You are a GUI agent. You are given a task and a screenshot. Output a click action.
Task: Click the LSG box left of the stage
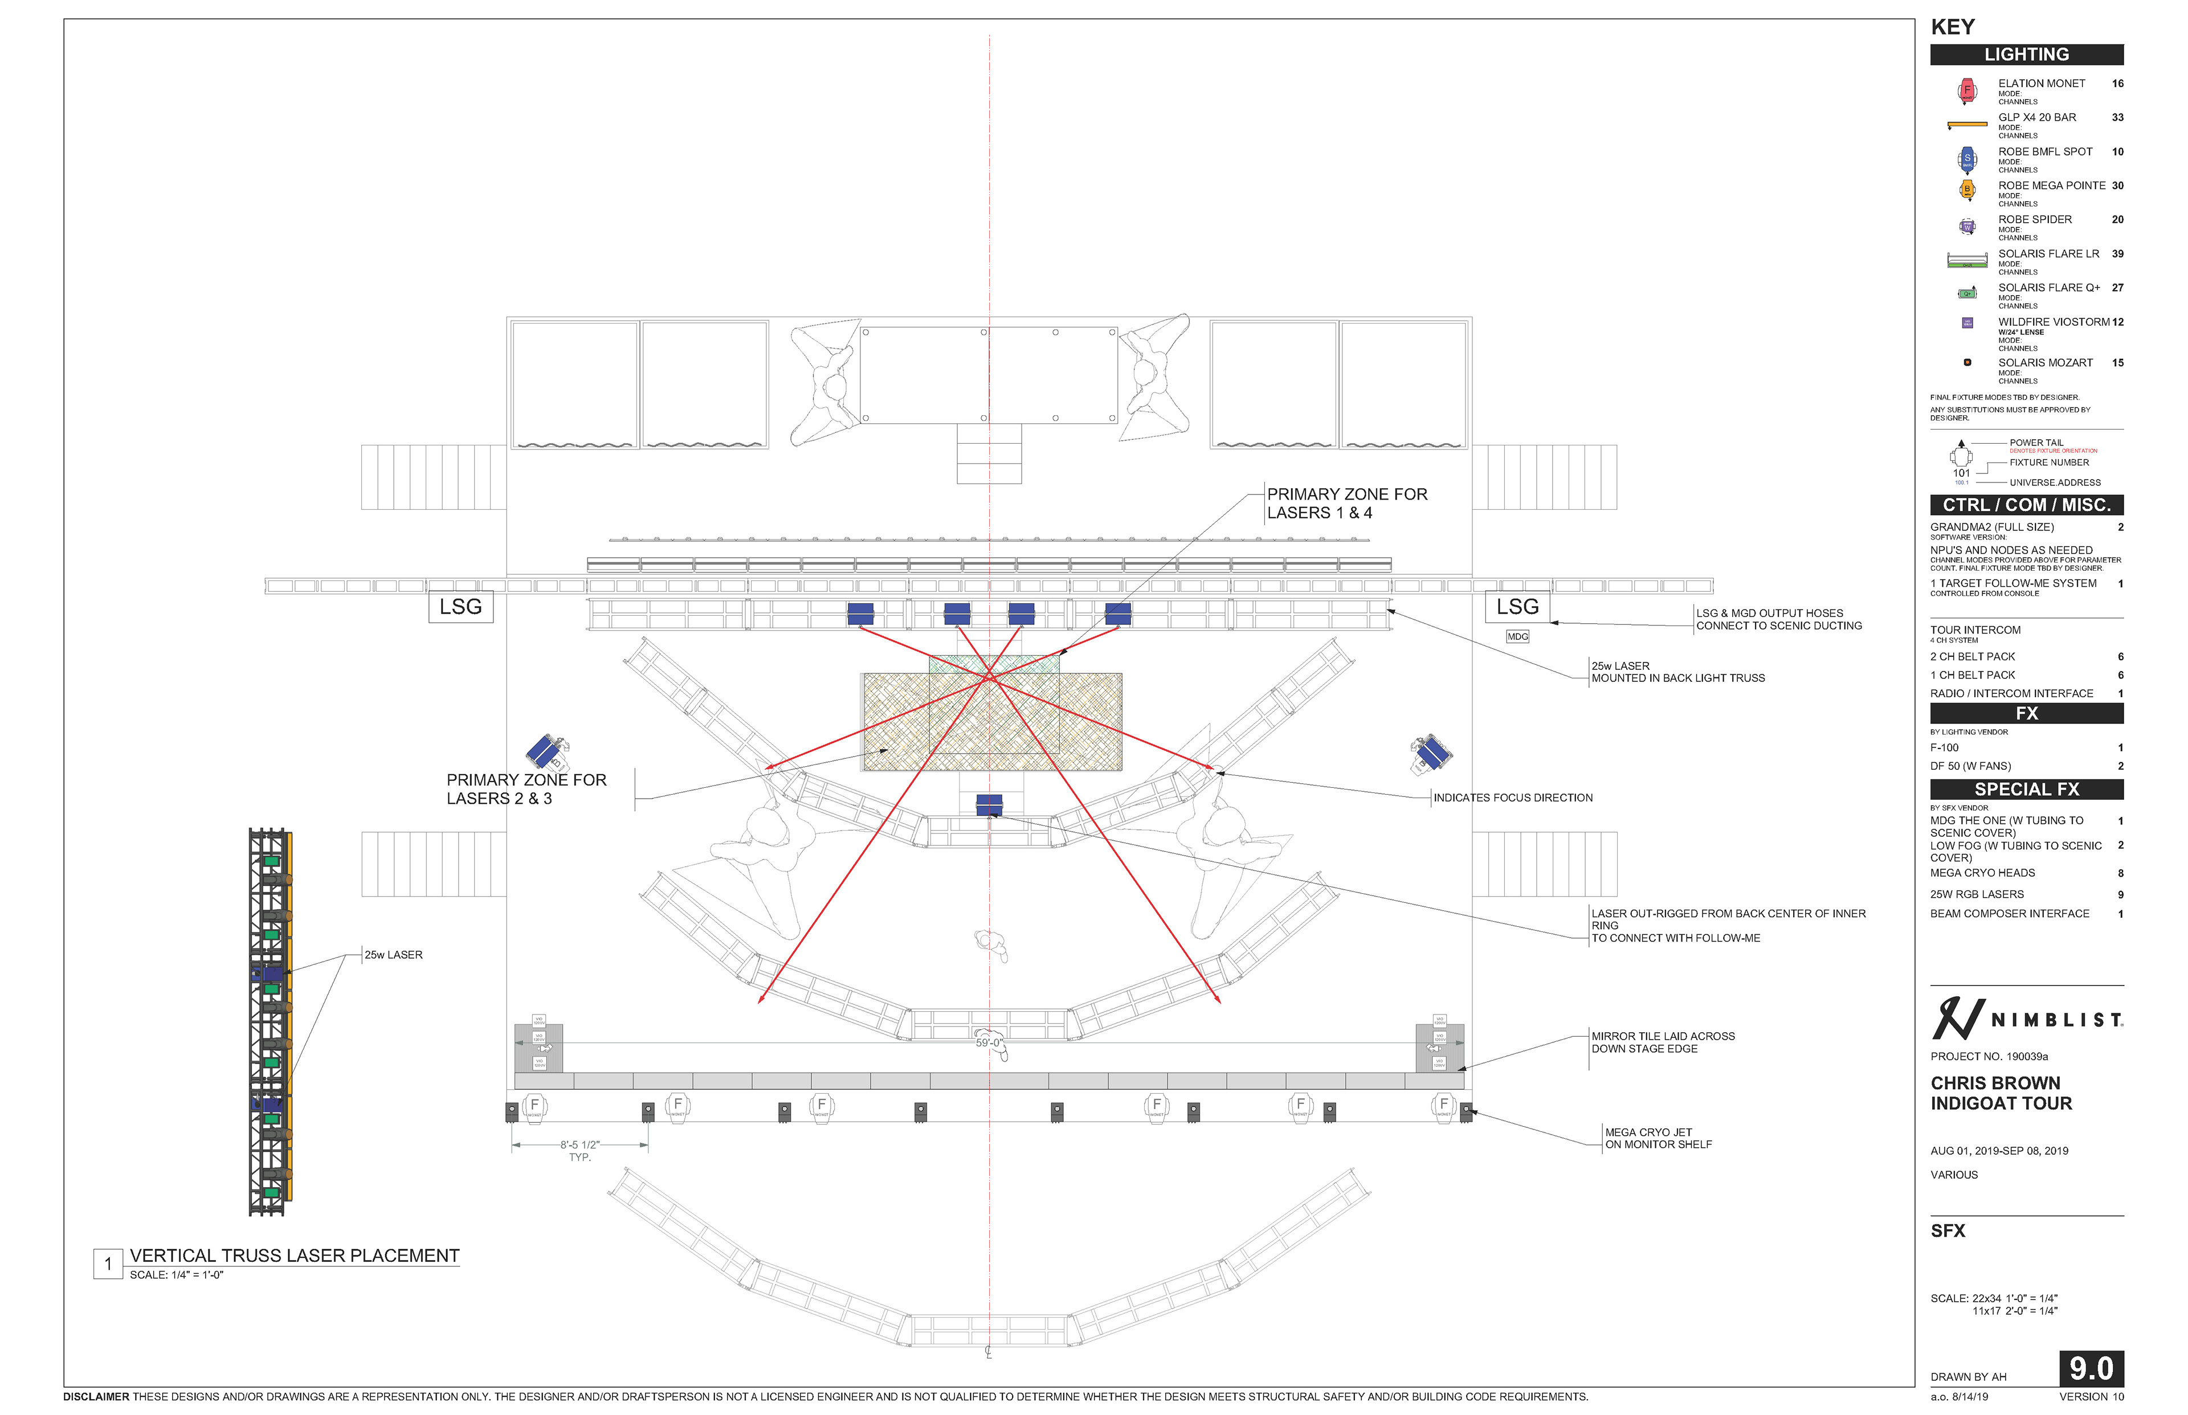(460, 607)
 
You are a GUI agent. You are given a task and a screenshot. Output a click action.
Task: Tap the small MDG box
(1517, 636)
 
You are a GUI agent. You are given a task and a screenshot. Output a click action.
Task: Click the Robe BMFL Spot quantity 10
(2117, 152)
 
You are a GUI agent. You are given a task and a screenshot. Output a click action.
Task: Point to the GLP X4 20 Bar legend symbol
(1966, 124)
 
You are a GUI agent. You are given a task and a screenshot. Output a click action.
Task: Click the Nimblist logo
(2026, 1019)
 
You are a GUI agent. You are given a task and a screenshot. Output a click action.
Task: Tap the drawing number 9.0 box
(2091, 1368)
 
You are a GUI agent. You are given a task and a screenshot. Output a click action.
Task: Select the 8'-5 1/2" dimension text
(580, 1145)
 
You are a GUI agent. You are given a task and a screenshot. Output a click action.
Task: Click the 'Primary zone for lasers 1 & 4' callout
(1346, 504)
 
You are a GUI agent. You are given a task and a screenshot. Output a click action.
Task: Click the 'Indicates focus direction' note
(1513, 798)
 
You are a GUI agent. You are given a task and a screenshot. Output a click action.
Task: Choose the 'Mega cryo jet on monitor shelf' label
(1658, 1138)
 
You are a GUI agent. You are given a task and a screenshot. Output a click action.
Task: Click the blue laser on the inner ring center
(989, 805)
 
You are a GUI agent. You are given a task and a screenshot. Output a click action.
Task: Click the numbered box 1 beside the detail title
(108, 1263)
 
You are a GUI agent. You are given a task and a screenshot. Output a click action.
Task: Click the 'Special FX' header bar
(2026, 790)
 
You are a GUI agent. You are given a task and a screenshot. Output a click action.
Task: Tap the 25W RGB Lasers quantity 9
(2120, 894)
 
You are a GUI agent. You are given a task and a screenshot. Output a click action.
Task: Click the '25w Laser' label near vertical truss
(393, 955)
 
